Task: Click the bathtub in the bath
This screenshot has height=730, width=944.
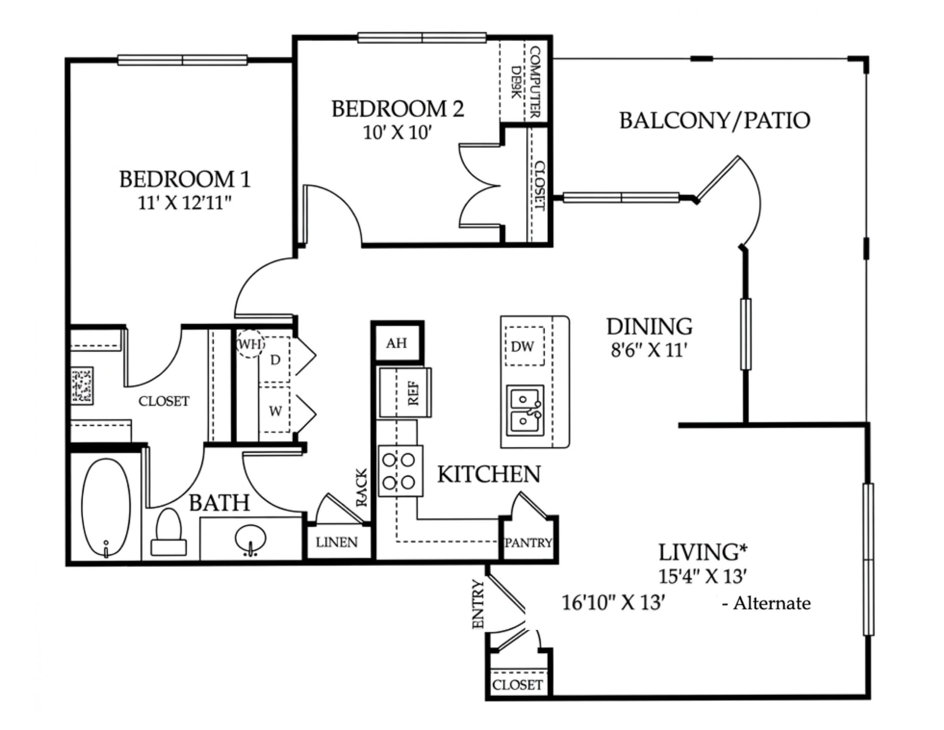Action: (106, 507)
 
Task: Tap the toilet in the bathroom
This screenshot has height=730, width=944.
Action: (169, 532)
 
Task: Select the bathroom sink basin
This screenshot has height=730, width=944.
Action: (250, 539)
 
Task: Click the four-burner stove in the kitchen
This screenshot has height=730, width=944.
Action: (400, 471)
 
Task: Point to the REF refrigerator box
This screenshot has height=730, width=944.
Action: (405, 393)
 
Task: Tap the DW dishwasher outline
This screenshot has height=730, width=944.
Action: (525, 346)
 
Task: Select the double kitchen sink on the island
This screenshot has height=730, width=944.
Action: (525, 410)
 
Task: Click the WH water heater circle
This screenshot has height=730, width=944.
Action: (250, 344)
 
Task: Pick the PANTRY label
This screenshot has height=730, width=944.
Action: (528, 543)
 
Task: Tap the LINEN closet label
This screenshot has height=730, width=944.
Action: (337, 542)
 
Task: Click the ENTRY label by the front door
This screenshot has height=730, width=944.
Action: (478, 604)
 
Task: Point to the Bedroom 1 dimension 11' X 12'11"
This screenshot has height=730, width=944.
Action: (185, 203)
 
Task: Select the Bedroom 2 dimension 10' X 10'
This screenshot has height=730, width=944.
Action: (398, 133)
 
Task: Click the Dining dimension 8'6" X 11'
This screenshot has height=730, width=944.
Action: (649, 350)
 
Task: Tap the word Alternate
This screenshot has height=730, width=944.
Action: (772, 603)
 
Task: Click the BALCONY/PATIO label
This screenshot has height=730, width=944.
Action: (714, 120)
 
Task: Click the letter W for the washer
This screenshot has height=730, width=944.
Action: (275, 411)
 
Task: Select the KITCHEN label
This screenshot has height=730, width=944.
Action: (489, 474)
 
